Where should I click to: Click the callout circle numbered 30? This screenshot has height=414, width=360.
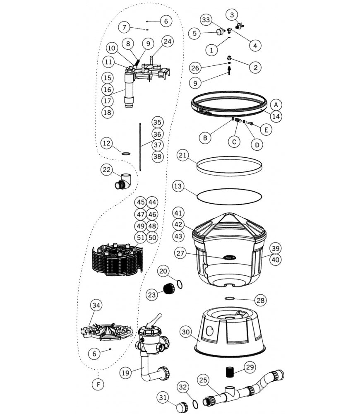pyautogui.click(x=186, y=332)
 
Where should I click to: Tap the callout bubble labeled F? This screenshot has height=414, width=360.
pyautogui.click(x=98, y=384)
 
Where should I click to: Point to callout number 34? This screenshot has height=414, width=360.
pyautogui.click(x=96, y=306)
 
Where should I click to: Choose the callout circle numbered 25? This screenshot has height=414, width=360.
pyautogui.click(x=202, y=379)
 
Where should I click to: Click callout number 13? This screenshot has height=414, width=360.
pyautogui.click(x=178, y=187)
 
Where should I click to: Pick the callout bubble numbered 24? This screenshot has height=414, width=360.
pyautogui.click(x=168, y=41)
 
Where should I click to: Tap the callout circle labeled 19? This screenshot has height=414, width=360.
pyautogui.click(x=127, y=373)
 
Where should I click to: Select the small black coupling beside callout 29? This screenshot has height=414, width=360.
pyautogui.click(x=229, y=371)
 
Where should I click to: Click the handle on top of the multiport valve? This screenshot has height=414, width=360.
pyautogui.click(x=156, y=320)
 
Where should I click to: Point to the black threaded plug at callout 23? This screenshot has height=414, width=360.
pyautogui.click(x=168, y=289)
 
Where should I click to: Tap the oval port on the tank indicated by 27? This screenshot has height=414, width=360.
pyautogui.click(x=229, y=258)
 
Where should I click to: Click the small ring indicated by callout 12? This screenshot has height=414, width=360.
pyautogui.click(x=126, y=154)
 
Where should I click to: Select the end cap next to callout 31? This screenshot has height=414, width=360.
pyautogui.click(x=182, y=408)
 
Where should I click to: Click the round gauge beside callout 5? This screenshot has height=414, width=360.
pyautogui.click(x=219, y=32)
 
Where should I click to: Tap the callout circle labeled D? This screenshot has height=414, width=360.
pyautogui.click(x=257, y=145)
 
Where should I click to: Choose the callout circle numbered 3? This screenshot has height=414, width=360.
pyautogui.click(x=232, y=15)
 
